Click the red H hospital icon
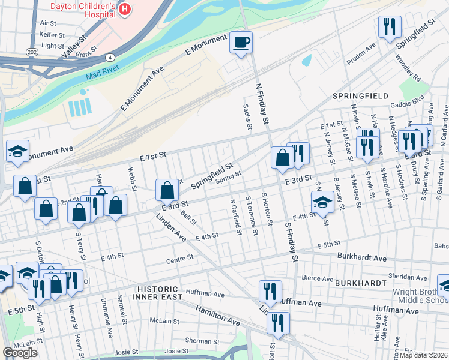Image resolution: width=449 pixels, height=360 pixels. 125,9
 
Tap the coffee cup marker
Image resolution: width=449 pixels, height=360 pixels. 241,43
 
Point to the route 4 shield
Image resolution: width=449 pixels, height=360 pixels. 110,58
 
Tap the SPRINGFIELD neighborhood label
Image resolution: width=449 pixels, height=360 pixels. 361,96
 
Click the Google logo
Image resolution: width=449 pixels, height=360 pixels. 20,353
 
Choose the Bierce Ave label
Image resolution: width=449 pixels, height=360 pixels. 318,278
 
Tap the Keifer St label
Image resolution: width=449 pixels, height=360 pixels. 47,34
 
